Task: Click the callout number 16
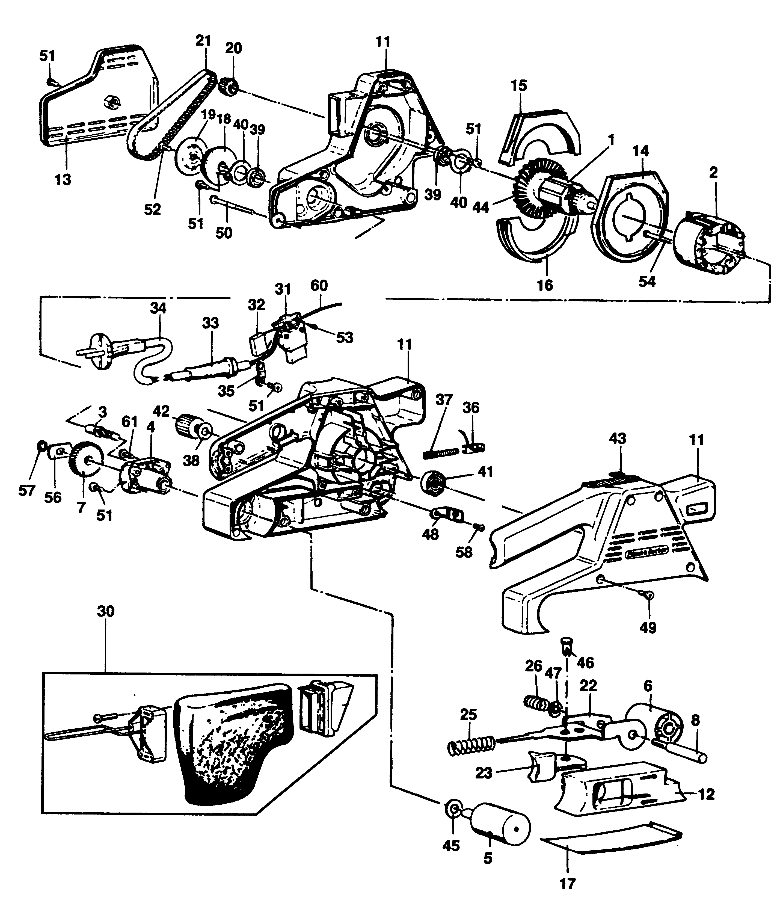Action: pos(545,286)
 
